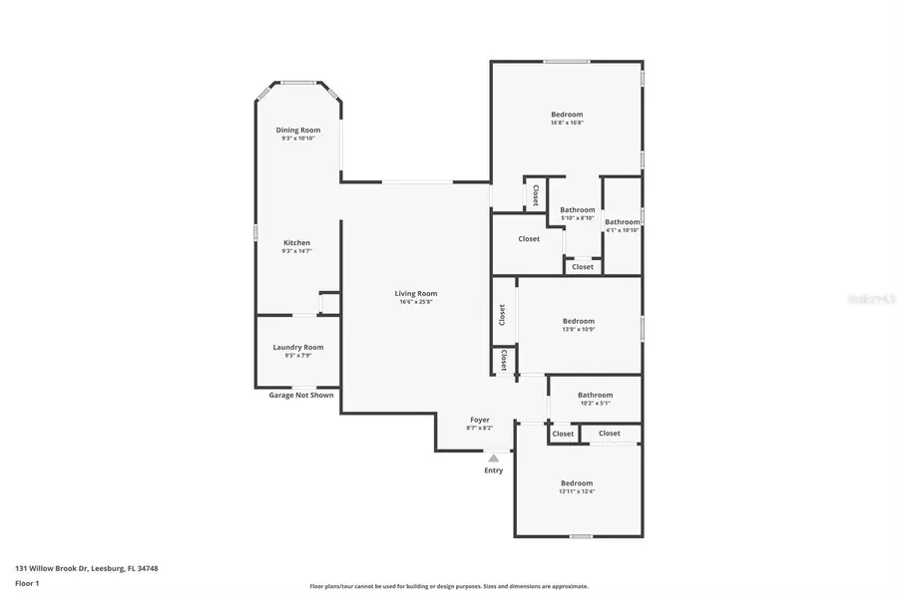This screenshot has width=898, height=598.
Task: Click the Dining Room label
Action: (x=297, y=130)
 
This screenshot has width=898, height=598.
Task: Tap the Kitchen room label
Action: (x=296, y=242)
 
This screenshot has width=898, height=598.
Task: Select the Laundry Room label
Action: (x=297, y=347)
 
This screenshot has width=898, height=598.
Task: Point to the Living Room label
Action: (x=415, y=293)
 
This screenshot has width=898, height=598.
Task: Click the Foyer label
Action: (x=479, y=420)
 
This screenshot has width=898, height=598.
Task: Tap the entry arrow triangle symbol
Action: (x=493, y=457)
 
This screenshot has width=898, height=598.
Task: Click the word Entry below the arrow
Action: (x=494, y=470)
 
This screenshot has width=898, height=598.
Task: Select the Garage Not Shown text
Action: (x=300, y=395)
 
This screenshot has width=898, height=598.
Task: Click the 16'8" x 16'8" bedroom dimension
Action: (x=566, y=123)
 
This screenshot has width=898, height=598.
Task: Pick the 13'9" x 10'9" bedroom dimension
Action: (x=578, y=330)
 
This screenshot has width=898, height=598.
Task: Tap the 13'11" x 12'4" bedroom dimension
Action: (x=576, y=491)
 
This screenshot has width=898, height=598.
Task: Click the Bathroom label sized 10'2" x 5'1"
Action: (x=595, y=395)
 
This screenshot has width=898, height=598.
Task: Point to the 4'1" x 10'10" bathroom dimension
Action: (x=622, y=230)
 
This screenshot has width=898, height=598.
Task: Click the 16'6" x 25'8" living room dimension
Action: (x=415, y=302)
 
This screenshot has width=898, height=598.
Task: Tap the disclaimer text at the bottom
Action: (x=448, y=587)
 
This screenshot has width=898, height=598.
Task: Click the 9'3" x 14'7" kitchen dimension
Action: (x=296, y=251)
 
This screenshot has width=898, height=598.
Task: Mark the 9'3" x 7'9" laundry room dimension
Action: (x=297, y=356)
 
